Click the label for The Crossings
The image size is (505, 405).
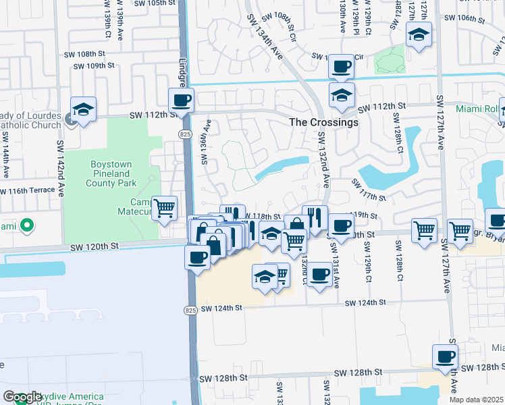coord(323,123)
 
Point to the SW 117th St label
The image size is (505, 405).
coord(369,190)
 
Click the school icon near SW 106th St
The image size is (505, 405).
coord(419,34)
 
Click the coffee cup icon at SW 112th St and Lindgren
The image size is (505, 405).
coord(181,100)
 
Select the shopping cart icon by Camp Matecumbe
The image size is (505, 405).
coord(164,208)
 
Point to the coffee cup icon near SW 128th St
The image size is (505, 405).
coord(445,356)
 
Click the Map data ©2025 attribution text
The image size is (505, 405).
coord(477,400)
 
